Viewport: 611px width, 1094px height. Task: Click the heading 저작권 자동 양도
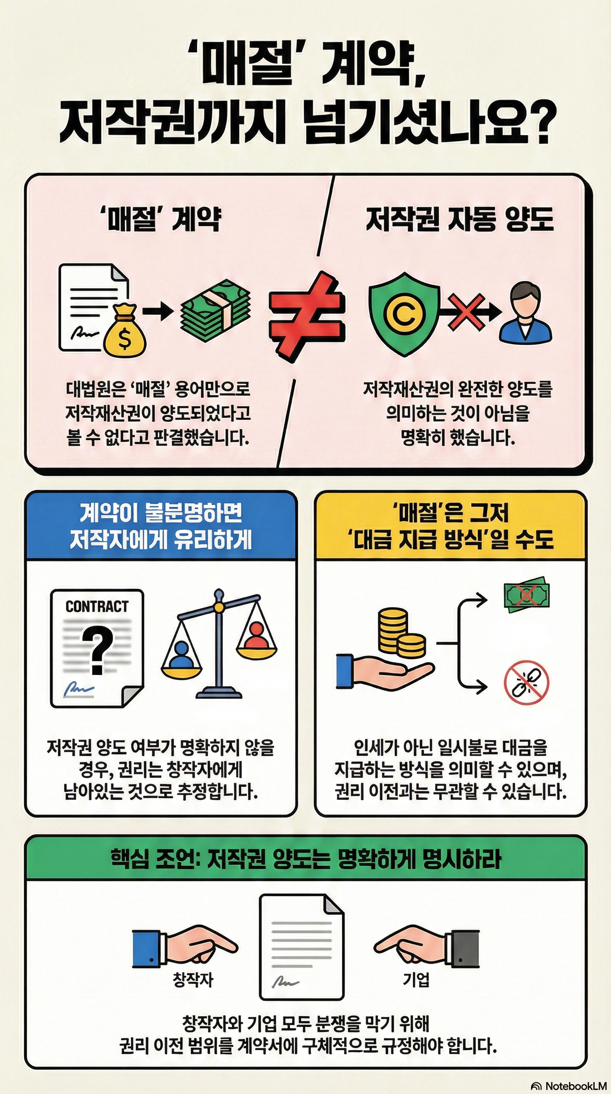point(459,219)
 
